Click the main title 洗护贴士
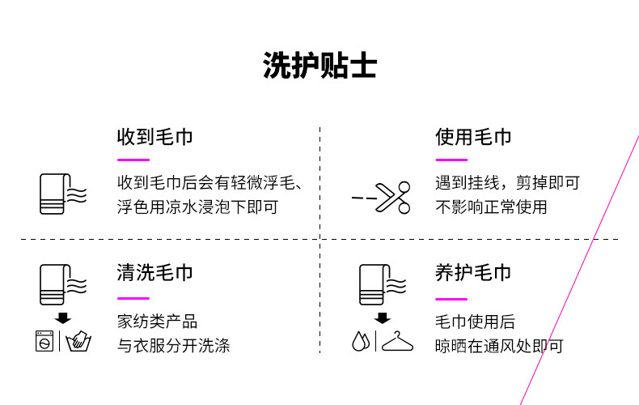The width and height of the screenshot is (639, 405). click(x=319, y=66)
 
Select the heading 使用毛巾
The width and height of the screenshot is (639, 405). click(x=473, y=136)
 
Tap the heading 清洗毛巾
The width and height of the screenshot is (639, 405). click(x=154, y=272)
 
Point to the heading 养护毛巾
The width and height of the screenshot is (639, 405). click(x=473, y=272)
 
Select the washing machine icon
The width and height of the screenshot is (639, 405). click(x=44, y=342)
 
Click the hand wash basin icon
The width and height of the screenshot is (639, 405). click(x=78, y=342)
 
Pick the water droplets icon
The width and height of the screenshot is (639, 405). click(x=361, y=342)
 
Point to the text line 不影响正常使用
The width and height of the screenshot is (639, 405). click(x=491, y=207)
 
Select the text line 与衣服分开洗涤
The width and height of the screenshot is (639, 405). click(x=173, y=346)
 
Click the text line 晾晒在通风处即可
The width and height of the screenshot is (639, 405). click(x=499, y=346)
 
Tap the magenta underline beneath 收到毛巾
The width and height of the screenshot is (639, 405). click(x=133, y=160)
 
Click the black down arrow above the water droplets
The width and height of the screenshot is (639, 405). click(x=383, y=318)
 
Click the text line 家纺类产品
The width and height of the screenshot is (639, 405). click(x=157, y=322)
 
